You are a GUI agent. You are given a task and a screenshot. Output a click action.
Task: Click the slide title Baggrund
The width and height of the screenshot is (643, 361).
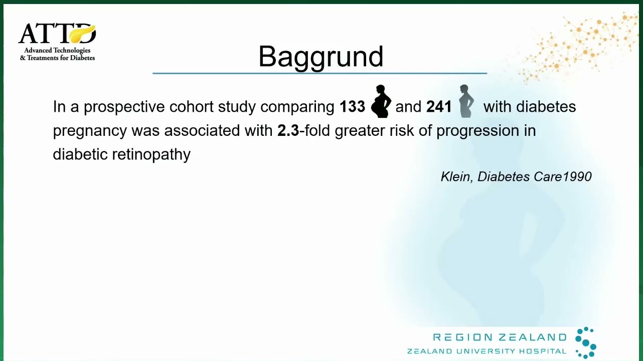coord(320,57)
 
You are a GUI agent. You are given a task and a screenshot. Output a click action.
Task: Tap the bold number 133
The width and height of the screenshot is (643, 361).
coord(352,106)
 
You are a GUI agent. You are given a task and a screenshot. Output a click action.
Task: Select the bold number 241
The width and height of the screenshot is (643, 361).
coord(439,106)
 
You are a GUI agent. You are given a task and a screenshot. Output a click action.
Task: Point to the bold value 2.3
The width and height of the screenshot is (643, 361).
coord(288,130)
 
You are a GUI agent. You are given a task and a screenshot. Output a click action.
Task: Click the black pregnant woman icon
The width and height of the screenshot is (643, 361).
coord(381,101)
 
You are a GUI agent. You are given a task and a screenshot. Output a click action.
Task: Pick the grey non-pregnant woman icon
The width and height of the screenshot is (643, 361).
coord(466,101)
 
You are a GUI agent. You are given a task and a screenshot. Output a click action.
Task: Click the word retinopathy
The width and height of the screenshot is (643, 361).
coord(151,155)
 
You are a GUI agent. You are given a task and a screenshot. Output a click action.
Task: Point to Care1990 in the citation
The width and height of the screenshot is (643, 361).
coord(563,176)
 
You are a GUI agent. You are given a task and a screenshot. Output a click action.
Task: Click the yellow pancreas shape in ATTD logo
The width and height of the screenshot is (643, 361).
coord(82,34)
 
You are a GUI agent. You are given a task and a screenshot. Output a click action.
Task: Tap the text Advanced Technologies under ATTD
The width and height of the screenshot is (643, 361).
coord(57,50)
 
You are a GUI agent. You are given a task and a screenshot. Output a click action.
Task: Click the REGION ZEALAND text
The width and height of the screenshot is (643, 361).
coord(500,337)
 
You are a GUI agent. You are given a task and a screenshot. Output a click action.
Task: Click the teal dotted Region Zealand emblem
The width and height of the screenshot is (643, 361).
coord(586,342)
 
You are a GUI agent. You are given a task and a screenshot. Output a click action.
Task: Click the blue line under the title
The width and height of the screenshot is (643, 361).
coord(320,74)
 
